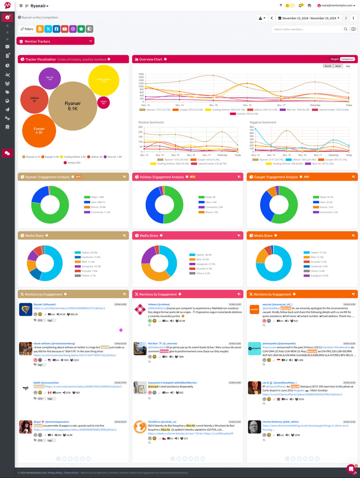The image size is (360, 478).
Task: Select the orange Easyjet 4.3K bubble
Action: (x=39, y=130)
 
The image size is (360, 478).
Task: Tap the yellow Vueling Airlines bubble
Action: (x=104, y=80)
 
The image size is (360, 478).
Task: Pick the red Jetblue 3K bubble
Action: (x=34, y=100)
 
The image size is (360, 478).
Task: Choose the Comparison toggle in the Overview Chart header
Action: (x=347, y=59)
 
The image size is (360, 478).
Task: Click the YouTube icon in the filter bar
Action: (x=64, y=29)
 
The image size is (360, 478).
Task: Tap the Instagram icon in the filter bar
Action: (x=73, y=29)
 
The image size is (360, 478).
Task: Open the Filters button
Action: (x=27, y=29)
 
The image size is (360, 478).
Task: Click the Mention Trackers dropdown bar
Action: (x=55, y=41)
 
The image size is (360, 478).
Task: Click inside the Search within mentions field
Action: (x=307, y=29)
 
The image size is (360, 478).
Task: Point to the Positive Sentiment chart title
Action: (x=150, y=123)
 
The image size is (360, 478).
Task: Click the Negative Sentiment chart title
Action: (x=263, y=123)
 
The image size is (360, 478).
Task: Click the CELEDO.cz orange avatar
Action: (x=140, y=427)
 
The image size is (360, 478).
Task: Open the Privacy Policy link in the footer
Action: (x=55, y=473)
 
